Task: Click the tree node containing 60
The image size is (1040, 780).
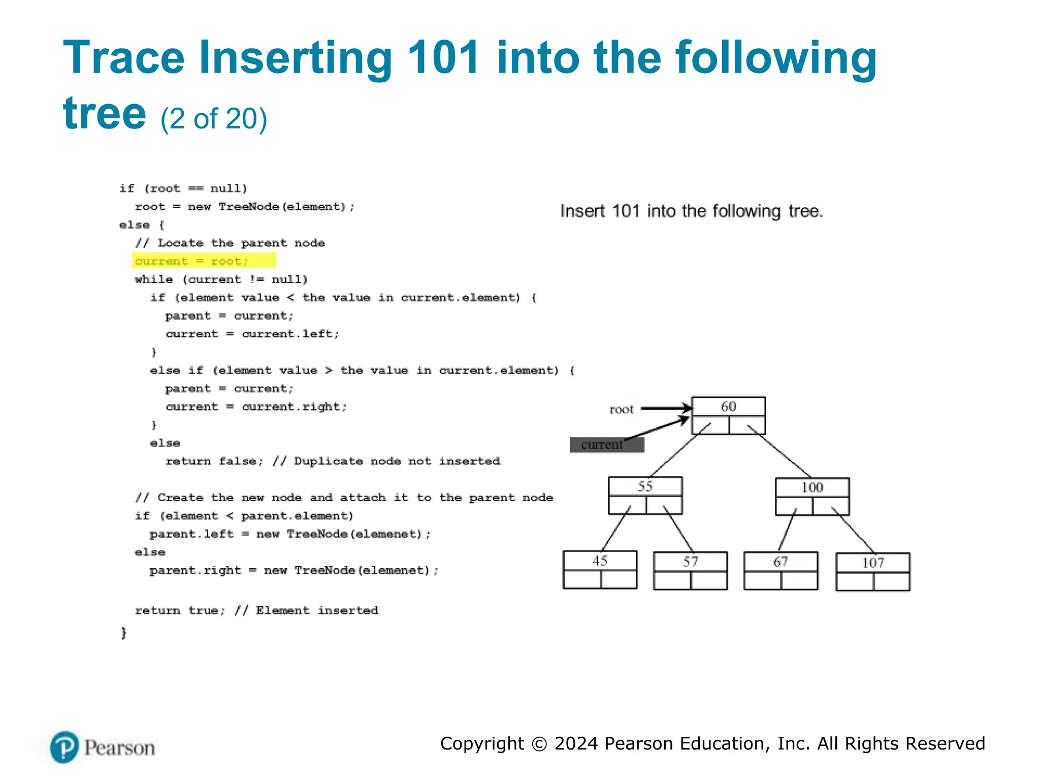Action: (x=728, y=415)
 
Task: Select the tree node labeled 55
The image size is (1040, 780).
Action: (x=645, y=495)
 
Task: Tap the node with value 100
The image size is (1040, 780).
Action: (x=812, y=496)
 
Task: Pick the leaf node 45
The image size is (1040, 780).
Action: (x=600, y=569)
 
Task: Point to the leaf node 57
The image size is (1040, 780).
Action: (x=690, y=570)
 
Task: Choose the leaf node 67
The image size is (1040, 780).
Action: (x=781, y=570)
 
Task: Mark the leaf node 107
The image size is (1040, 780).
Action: (x=872, y=571)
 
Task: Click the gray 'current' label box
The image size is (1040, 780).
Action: (x=606, y=445)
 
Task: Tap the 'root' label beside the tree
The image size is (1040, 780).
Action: (x=621, y=409)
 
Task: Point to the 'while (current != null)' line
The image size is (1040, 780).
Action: (x=221, y=279)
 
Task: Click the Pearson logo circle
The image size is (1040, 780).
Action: (x=64, y=747)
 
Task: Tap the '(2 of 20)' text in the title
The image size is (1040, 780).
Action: (x=214, y=119)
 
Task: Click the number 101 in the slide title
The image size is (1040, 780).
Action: (x=443, y=57)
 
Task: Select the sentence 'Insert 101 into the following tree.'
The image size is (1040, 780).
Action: (x=691, y=211)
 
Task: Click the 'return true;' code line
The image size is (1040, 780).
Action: (x=179, y=610)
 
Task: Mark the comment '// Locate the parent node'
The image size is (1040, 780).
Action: (x=230, y=243)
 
